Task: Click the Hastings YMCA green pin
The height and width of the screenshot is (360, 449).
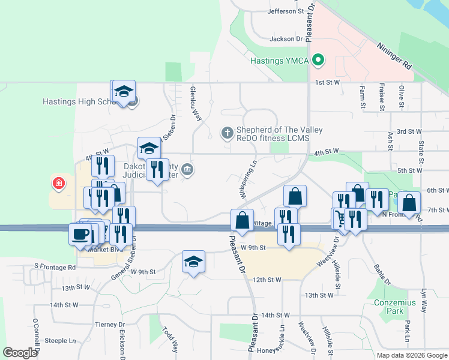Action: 319,60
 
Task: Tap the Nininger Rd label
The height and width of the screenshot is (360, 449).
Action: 394,55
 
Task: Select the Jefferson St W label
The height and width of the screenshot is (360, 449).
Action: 286,11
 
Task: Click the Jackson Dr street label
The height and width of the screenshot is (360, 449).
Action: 286,39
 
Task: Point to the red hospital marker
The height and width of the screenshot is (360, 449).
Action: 58,183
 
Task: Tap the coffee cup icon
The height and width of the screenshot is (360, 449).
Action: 80,234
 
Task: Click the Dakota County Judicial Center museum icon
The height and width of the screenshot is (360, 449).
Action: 187,170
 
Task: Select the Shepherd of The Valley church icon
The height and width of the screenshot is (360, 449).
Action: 227,133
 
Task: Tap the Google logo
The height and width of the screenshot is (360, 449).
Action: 20,353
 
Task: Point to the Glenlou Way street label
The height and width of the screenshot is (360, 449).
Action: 196,103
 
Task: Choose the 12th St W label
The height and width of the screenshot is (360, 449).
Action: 267,280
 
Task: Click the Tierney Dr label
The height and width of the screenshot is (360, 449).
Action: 109,325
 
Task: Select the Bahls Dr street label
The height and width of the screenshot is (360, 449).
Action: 382,273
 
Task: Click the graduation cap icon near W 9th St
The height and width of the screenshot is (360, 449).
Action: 193,262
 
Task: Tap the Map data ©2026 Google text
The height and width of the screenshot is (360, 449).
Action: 411,355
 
